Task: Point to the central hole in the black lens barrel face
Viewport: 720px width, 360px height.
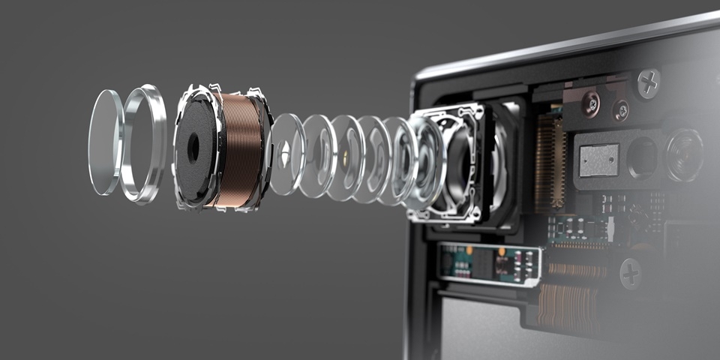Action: point(193,148)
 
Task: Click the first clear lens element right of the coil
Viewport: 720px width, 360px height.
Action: point(286,154)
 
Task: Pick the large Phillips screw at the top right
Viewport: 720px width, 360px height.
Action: point(649,83)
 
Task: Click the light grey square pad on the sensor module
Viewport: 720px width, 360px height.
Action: point(598,160)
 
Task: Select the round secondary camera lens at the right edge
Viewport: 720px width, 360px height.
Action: point(685,154)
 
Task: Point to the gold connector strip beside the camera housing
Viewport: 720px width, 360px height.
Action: point(550,161)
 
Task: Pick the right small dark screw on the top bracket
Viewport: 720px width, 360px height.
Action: point(620,110)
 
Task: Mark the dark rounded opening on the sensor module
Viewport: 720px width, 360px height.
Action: point(641,158)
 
